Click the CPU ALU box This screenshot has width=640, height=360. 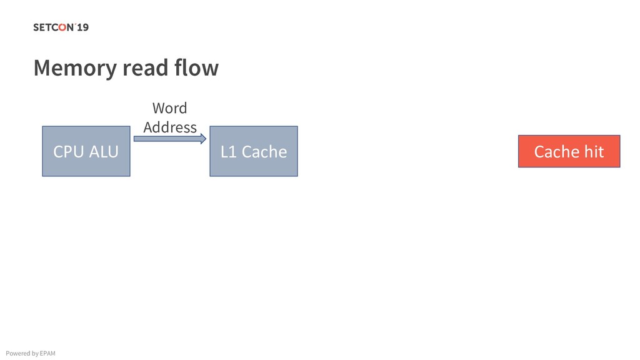86,151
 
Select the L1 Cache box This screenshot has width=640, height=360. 253,151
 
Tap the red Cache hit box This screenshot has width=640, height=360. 569,151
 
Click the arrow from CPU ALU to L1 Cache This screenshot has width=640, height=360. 169,139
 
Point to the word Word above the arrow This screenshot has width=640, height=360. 169,108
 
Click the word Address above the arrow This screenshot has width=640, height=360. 169,127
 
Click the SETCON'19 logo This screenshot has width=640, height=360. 61,27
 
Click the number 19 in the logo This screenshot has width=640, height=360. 82,27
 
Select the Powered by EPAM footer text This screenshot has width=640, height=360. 30,354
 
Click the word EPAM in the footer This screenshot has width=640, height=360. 47,354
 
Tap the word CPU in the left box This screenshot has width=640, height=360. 68,151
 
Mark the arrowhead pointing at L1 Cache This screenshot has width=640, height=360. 202,139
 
